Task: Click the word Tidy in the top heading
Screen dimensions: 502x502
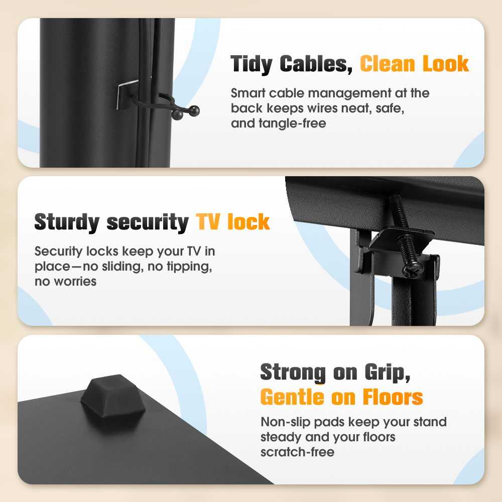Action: [252, 64]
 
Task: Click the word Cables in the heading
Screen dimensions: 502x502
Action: [316, 64]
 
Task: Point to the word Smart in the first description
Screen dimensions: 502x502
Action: [248, 93]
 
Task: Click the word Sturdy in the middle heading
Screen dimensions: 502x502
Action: [67, 222]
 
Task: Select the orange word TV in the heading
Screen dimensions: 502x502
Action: [208, 221]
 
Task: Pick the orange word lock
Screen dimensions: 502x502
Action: [248, 221]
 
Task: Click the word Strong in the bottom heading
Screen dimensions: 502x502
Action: [293, 372]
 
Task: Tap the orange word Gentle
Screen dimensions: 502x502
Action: [292, 397]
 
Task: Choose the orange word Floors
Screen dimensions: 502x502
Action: [393, 397]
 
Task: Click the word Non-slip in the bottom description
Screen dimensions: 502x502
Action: [286, 422]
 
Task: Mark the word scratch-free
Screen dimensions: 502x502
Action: [297, 452]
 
